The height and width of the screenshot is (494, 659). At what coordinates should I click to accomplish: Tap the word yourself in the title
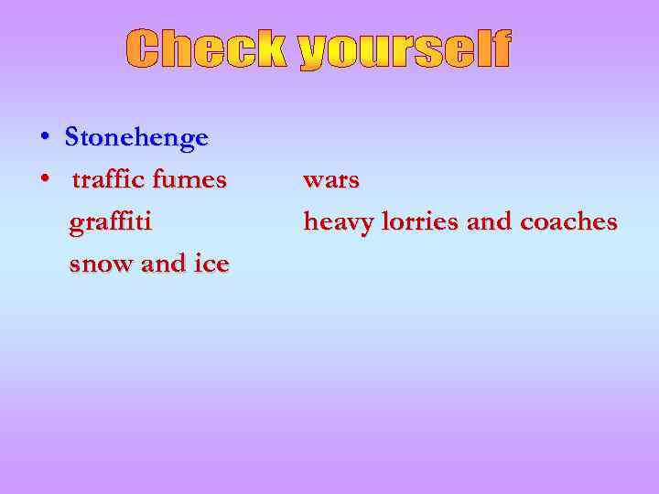click(403, 49)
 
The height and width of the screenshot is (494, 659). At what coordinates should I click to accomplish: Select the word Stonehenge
click(136, 138)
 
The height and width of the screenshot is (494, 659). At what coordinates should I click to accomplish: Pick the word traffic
click(108, 180)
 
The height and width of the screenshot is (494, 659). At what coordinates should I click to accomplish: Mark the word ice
click(211, 264)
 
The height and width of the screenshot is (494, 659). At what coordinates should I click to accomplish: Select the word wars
click(330, 180)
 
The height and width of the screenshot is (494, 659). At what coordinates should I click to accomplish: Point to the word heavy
click(335, 222)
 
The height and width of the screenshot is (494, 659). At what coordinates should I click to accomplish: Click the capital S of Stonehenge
click(72, 138)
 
